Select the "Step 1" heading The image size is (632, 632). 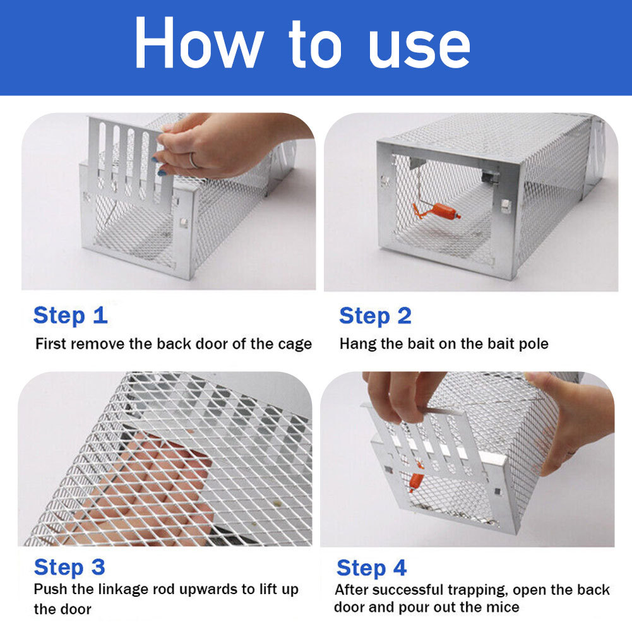[71, 315]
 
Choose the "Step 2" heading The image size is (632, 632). [375, 316]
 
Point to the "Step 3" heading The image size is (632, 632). [69, 568]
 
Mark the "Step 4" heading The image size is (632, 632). [372, 568]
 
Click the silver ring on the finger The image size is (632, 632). [194, 160]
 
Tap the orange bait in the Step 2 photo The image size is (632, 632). [437, 212]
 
